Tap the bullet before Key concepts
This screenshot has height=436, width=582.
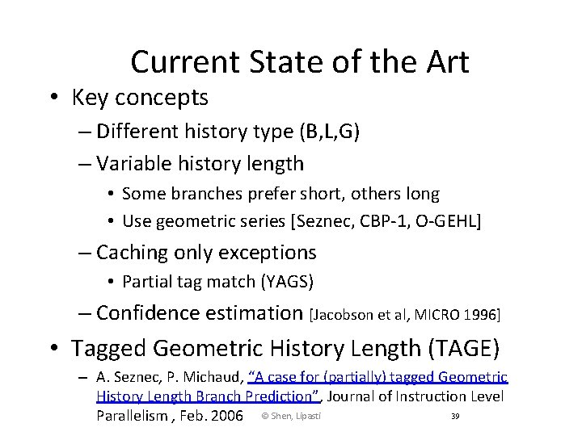[51, 99]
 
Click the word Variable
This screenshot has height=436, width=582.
[134, 164]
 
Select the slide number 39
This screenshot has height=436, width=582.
[455, 416]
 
